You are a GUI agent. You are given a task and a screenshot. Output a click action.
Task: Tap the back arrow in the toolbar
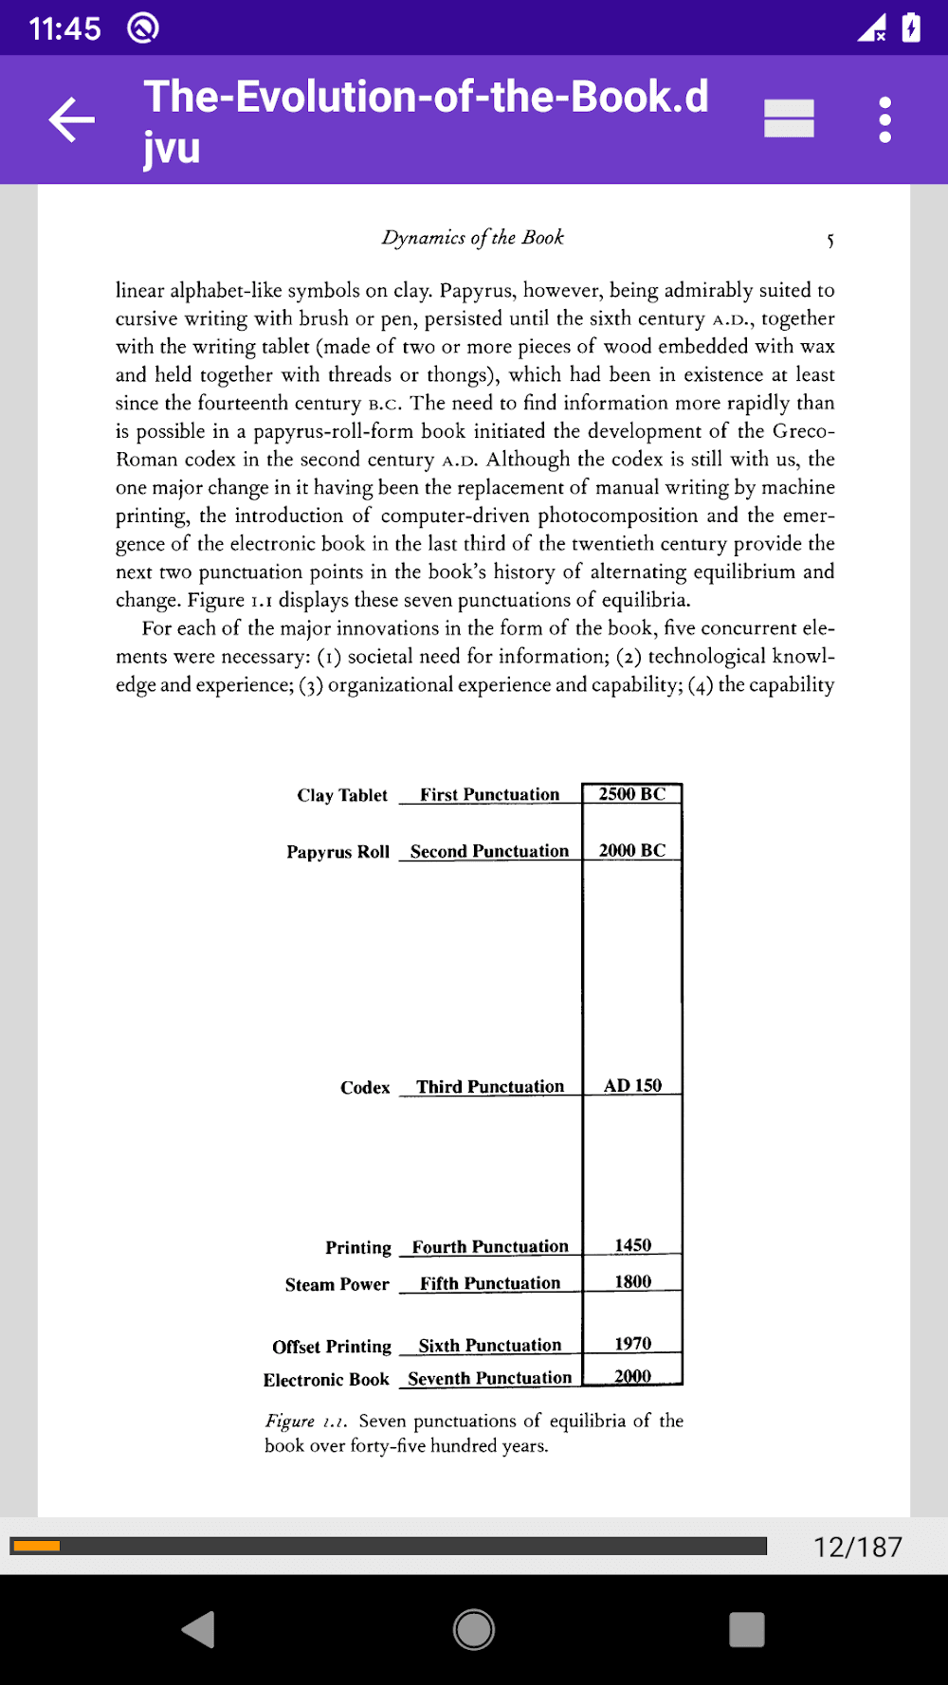pyautogui.click(x=72, y=119)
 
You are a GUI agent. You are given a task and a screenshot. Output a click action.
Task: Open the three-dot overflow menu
pyautogui.click(x=884, y=119)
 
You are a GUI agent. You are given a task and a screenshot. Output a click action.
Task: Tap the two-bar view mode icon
pyautogui.click(x=789, y=119)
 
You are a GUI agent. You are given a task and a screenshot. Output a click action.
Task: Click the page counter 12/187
pyautogui.click(x=857, y=1547)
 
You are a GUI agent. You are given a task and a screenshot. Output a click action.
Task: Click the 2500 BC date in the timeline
pyautogui.click(x=632, y=794)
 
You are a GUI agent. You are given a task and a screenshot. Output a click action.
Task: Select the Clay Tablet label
pyautogui.click(x=342, y=795)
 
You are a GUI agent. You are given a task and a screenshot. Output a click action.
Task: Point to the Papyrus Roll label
pyautogui.click(x=337, y=852)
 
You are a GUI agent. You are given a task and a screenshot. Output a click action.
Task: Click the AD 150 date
pyautogui.click(x=632, y=1086)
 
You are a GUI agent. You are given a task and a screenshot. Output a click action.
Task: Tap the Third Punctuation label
pyautogui.click(x=490, y=1087)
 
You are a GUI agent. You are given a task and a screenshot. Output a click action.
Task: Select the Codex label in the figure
pyautogui.click(x=365, y=1088)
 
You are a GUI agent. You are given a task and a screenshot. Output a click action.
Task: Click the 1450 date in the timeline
pyautogui.click(x=632, y=1245)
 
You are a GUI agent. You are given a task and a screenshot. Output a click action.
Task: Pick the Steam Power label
pyautogui.click(x=337, y=1285)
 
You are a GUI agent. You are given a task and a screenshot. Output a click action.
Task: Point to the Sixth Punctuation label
pyautogui.click(x=489, y=1346)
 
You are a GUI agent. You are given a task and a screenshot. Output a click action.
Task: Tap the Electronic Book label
pyautogui.click(x=326, y=1380)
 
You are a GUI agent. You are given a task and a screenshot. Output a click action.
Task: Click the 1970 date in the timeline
pyautogui.click(x=632, y=1344)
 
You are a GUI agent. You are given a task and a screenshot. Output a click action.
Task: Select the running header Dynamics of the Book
pyautogui.click(x=472, y=238)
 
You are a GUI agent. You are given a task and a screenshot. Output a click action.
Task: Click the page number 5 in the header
pyautogui.click(x=830, y=241)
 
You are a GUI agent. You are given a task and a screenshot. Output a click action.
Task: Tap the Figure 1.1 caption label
pyautogui.click(x=305, y=1422)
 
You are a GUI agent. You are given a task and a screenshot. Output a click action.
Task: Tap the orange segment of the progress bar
pyautogui.click(x=37, y=1547)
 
